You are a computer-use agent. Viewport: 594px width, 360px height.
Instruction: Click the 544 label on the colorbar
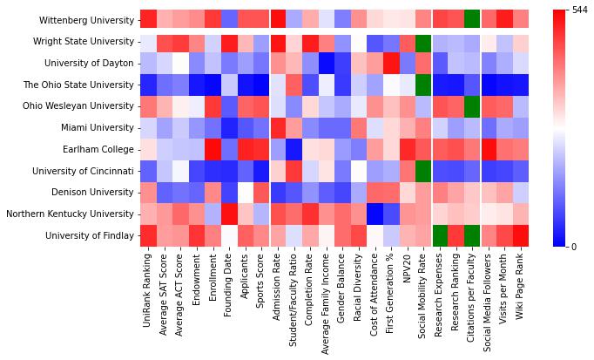[578, 10]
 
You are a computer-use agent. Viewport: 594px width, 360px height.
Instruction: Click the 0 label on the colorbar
[572, 247]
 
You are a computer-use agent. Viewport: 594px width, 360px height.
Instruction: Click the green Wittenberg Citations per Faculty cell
[472, 19]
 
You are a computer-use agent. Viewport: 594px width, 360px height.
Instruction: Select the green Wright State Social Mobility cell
[423, 41]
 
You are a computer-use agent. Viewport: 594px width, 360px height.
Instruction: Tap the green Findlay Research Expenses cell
[440, 235]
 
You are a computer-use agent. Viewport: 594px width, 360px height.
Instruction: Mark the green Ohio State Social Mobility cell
[423, 85]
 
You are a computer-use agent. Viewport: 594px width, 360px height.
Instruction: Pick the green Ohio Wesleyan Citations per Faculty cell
[472, 105]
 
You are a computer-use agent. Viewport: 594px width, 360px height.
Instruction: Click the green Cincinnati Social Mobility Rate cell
[423, 171]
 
